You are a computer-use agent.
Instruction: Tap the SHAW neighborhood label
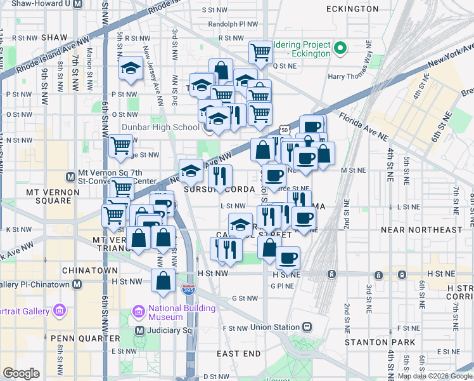click(54, 37)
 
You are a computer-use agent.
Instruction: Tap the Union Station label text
click(274, 327)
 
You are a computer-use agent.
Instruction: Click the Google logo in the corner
click(21, 373)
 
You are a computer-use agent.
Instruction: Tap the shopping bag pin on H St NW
click(163, 280)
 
